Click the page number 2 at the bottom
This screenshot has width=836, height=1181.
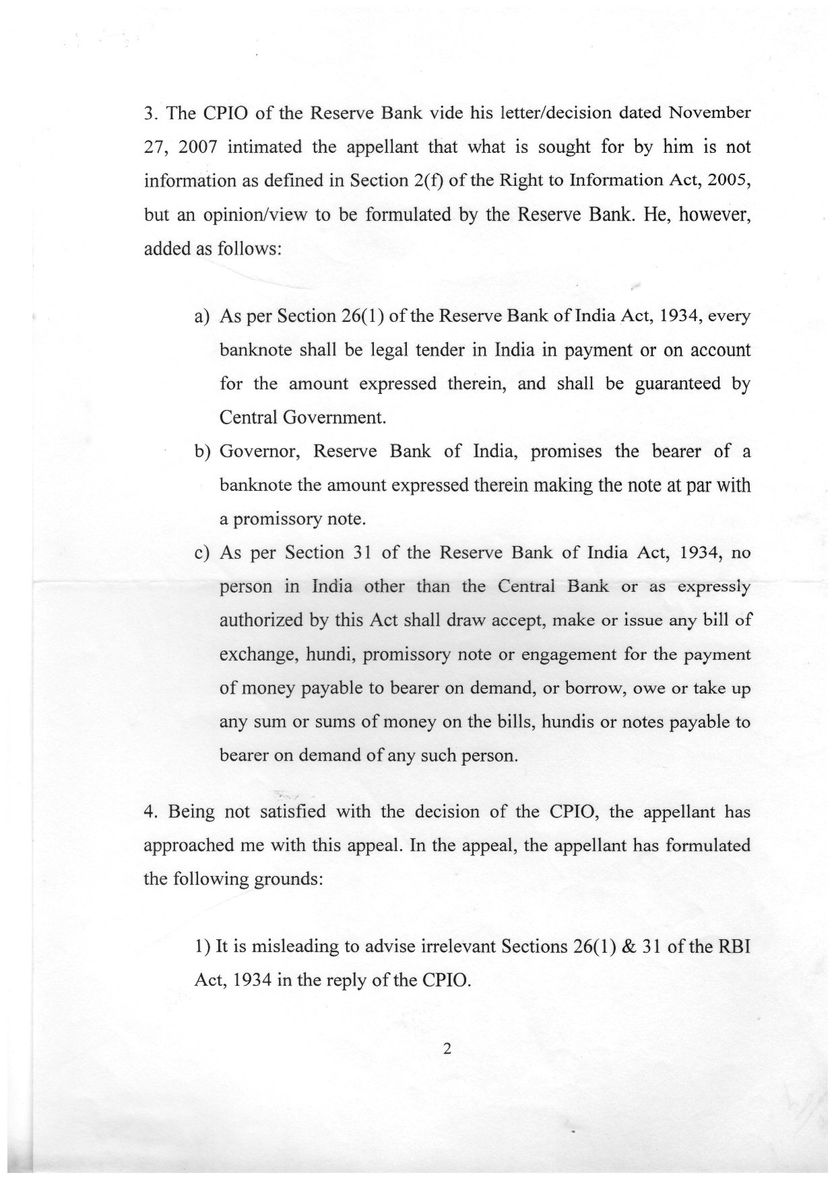[446, 1049]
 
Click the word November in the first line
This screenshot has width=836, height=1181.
[709, 112]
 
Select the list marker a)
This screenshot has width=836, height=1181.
[201, 316]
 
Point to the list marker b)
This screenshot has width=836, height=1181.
[202, 452]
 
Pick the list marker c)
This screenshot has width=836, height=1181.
[201, 553]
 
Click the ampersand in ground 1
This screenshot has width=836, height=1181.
[653, 946]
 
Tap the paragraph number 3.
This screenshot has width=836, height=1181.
[150, 112]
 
